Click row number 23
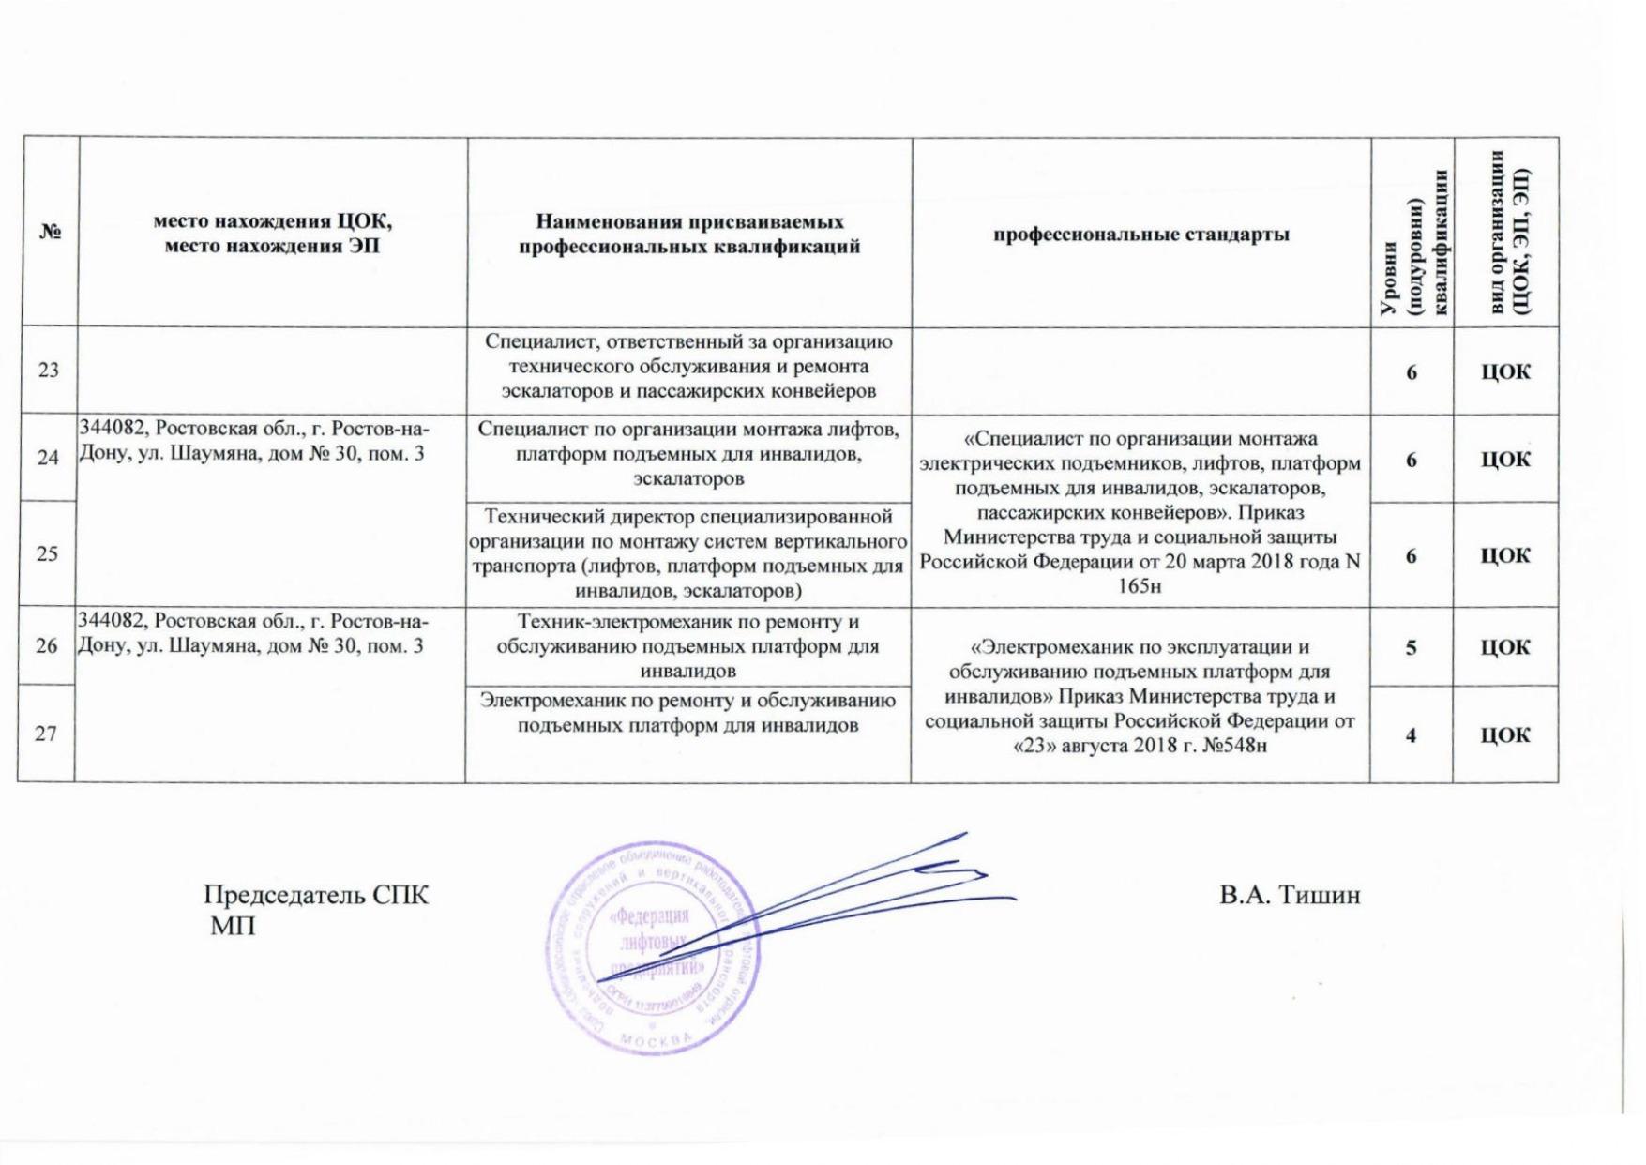(x=48, y=370)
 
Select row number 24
(x=48, y=458)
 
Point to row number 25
(x=47, y=553)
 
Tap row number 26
(x=47, y=646)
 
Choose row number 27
(x=46, y=734)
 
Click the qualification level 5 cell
(x=1411, y=647)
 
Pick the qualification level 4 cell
(x=1411, y=735)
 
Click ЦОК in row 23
(x=1505, y=371)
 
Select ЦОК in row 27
(x=1505, y=735)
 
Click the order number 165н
(x=1140, y=587)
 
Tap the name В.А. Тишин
(x=1290, y=896)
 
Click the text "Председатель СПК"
(x=316, y=895)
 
